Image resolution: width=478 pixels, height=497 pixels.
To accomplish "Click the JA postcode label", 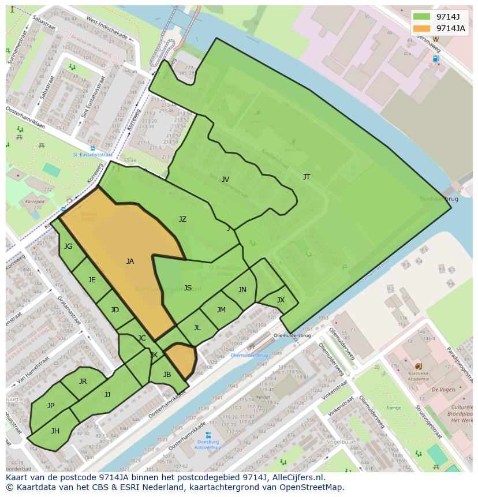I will tap(130, 261).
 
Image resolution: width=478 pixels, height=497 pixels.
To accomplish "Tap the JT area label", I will tap(307, 177).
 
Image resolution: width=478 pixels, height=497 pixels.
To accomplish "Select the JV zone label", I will tap(225, 180).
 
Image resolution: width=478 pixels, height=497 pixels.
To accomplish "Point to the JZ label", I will tap(182, 219).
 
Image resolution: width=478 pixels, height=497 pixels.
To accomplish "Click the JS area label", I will tap(188, 288).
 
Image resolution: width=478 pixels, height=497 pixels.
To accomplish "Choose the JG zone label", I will tap(68, 246).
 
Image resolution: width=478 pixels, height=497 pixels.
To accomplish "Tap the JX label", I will tap(281, 300).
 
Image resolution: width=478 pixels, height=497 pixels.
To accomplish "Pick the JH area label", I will tap(55, 431).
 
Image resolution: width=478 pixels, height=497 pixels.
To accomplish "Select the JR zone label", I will tap(83, 382).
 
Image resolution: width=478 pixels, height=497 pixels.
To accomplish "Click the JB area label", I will tap(167, 375).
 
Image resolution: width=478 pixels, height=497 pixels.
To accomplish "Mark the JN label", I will tap(242, 290).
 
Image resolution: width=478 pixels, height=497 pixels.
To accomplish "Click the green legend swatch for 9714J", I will tap(421, 16).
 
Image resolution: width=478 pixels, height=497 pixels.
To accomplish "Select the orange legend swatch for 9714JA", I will tap(421, 28).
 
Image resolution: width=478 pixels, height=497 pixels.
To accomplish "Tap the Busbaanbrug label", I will tap(440, 199).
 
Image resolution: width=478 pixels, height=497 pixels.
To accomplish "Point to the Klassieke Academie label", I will tap(419, 376).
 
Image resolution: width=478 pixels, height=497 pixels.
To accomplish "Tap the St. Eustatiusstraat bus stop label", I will tap(92, 155).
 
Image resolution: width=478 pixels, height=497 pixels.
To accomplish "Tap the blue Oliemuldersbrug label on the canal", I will tap(249, 356).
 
